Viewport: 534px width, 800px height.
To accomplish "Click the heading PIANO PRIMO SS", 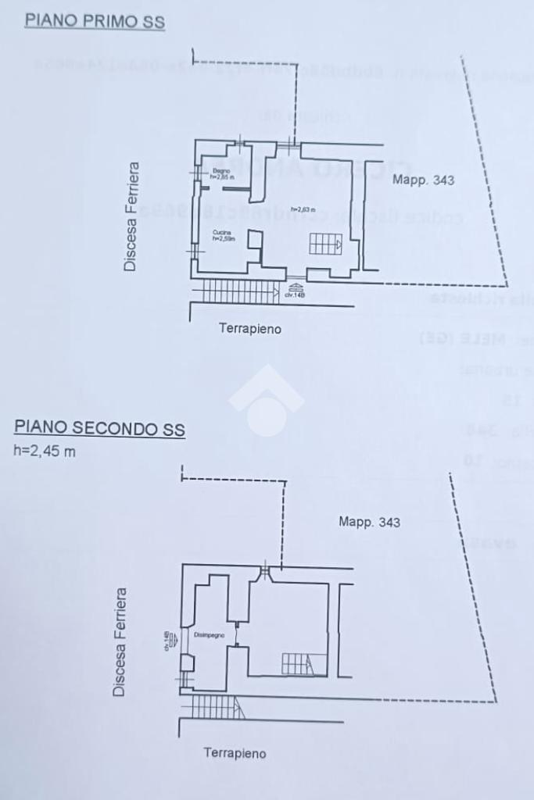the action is (95, 21).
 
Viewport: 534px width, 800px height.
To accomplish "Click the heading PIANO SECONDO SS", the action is (99, 428).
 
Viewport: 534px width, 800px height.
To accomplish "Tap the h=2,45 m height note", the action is (45, 451).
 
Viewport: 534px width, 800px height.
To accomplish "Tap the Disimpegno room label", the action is (210, 635).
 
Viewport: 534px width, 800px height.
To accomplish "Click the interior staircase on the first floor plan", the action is (325, 245).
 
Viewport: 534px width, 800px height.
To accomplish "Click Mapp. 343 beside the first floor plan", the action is (423, 180).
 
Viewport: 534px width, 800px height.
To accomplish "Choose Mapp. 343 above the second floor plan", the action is (369, 521).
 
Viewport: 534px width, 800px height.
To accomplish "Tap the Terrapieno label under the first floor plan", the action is (250, 329).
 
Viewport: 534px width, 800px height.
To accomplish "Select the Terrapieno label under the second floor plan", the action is (235, 753).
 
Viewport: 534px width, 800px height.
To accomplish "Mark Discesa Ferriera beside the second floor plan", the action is (120, 642).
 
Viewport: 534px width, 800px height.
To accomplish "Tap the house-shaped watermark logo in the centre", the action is (267, 400).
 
